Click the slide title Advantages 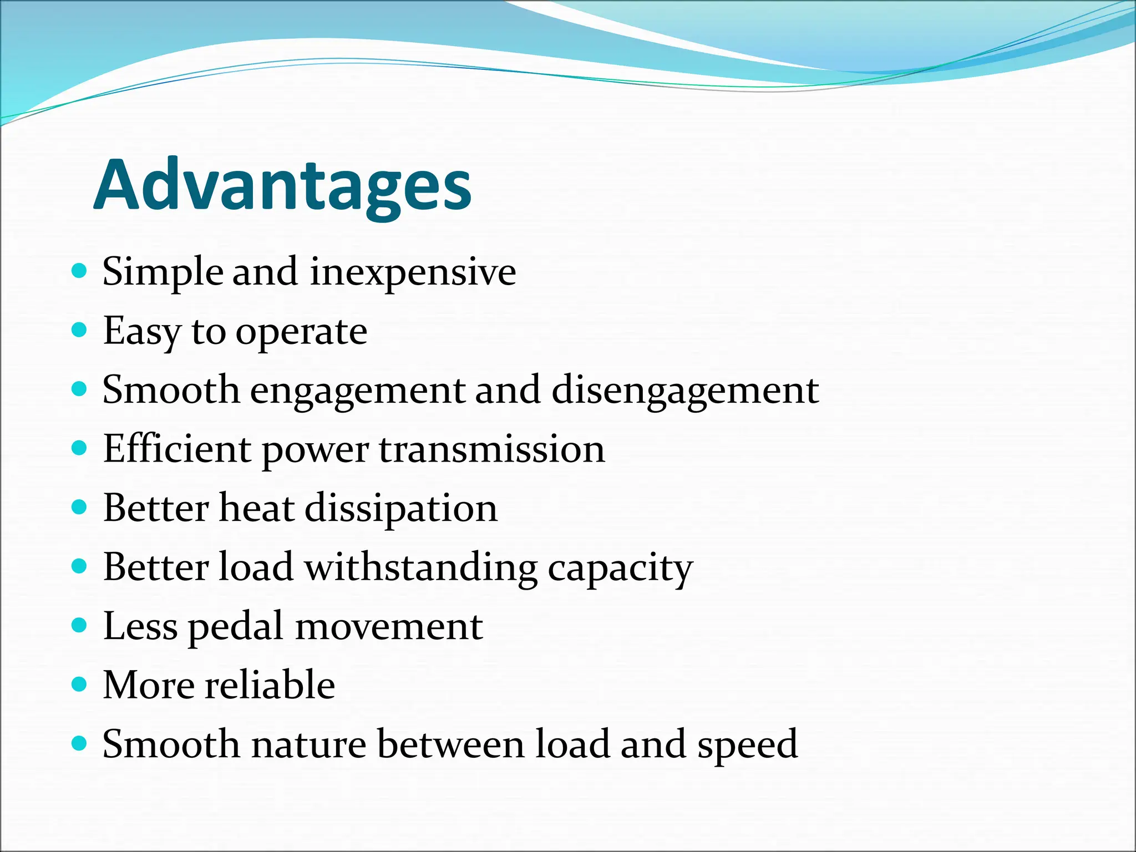[x=283, y=185]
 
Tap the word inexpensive [x=413, y=272]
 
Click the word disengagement [x=685, y=390]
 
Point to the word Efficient [x=177, y=449]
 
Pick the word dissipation [x=401, y=509]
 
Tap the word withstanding [x=421, y=568]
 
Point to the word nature [x=308, y=744]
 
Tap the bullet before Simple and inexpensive [x=80, y=271]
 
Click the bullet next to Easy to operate [x=80, y=330]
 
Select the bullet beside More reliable [x=80, y=684]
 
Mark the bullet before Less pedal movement [x=80, y=625]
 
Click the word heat [x=256, y=508]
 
